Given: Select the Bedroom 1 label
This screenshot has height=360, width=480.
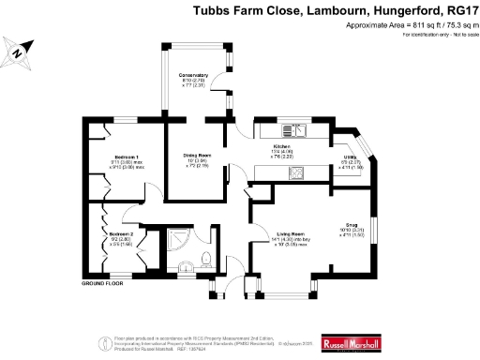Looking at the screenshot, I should (127, 156).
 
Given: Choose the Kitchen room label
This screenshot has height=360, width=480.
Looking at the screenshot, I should (284, 148).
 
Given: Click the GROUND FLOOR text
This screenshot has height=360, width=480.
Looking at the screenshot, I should (103, 282).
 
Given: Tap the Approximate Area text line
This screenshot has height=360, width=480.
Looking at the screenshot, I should (393, 26).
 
